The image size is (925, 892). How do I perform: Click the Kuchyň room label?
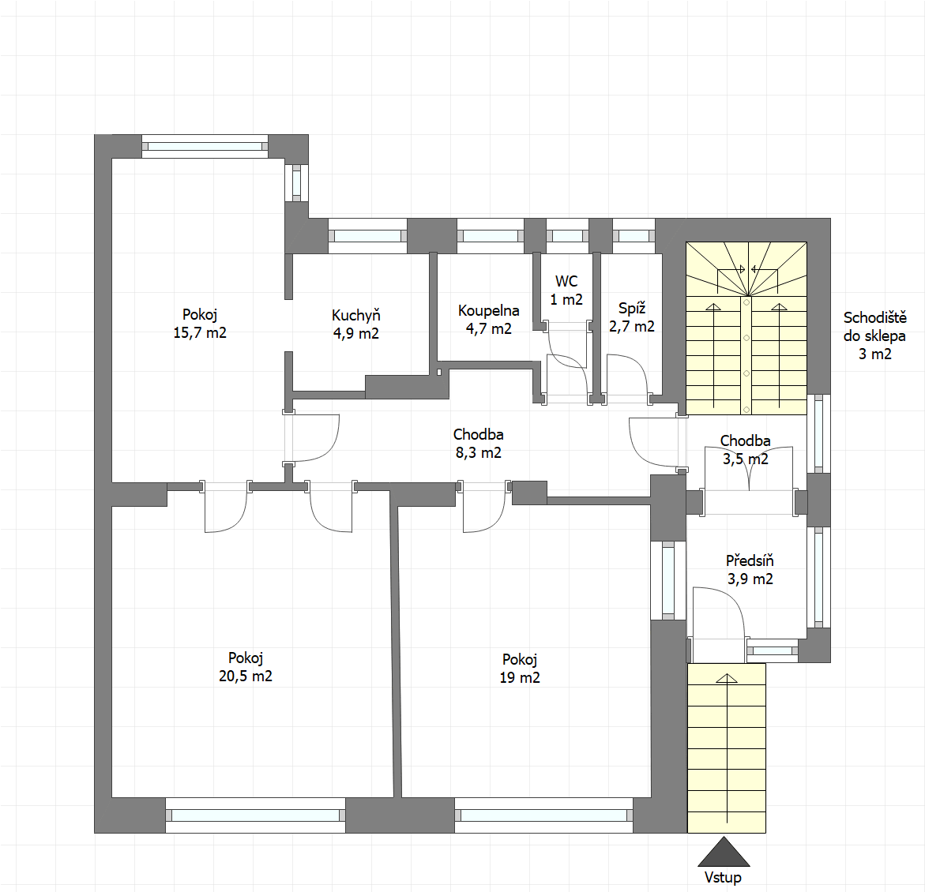pos(355,316)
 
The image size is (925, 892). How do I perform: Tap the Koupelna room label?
pos(488,311)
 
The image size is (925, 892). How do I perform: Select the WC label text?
pos(566,281)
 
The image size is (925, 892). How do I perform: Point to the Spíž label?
pos(632,309)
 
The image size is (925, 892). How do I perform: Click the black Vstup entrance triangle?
pos(724,852)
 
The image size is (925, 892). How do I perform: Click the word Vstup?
pos(723,878)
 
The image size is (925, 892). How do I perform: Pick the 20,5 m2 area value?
pos(246,676)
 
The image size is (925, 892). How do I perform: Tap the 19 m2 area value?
pos(520,678)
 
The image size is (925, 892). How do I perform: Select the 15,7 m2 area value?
pos(199,333)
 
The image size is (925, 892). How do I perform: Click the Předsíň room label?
pos(750,560)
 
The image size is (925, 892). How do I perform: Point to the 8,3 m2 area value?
pos(479,453)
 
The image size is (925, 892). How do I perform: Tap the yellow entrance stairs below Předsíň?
pos(727,748)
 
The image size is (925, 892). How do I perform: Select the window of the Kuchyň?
pos(367,236)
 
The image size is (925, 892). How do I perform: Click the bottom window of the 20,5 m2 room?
pos(255,815)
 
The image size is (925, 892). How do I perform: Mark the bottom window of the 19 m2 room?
pos(544,815)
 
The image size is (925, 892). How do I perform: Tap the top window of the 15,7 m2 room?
pos(205,146)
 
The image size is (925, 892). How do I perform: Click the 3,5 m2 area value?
pos(746,459)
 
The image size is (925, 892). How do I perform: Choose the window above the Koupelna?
pos(491,236)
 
